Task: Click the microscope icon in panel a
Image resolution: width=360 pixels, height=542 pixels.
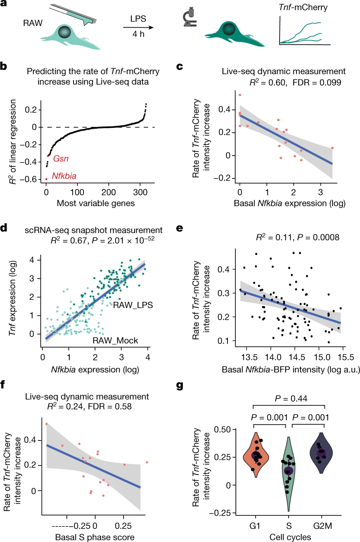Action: click(x=190, y=19)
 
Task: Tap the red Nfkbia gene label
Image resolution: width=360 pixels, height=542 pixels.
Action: click(x=64, y=176)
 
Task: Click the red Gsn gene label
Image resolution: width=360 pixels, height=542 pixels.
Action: click(x=61, y=159)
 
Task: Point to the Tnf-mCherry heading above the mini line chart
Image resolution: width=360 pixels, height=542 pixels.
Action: click(x=303, y=7)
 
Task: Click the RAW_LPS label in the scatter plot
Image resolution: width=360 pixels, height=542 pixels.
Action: click(x=133, y=305)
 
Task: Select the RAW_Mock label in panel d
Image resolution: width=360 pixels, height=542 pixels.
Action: click(x=115, y=341)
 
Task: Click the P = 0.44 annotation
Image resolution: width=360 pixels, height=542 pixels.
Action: click(x=291, y=399)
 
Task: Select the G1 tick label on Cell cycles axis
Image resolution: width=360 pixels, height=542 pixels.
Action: click(x=255, y=526)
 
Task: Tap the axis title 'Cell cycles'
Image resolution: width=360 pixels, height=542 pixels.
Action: click(x=290, y=537)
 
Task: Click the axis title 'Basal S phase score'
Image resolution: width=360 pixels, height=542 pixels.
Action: click(x=95, y=537)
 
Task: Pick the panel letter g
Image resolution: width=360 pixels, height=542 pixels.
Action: click(x=179, y=385)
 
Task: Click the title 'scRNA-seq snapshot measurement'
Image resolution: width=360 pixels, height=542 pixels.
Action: click(x=94, y=230)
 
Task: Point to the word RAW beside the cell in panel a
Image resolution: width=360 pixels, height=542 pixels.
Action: click(x=33, y=23)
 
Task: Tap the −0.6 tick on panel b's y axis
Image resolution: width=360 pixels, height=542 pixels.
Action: click(x=28, y=179)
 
